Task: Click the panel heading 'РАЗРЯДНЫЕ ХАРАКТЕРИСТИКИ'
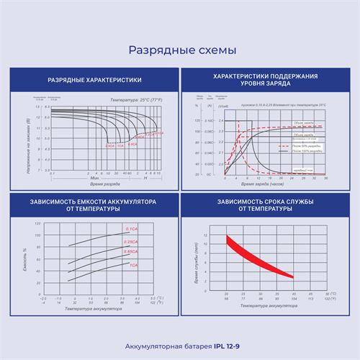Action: click(94, 79)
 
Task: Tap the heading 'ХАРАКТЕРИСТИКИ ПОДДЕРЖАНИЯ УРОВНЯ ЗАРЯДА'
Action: click(266, 79)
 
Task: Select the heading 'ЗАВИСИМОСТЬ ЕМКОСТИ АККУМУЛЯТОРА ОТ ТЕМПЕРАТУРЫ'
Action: click(94, 204)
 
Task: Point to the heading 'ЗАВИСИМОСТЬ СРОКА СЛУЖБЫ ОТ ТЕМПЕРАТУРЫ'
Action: click(266, 204)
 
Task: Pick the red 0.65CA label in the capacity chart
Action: click(131, 251)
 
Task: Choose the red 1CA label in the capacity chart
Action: click(133, 264)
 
